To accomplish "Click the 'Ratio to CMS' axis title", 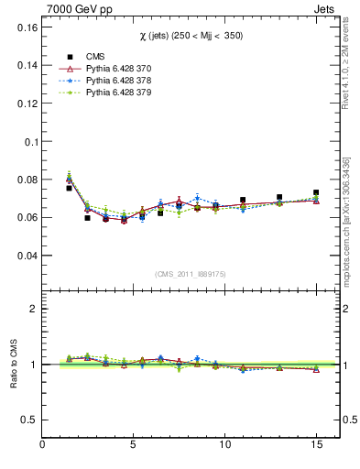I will (x=13, y=364).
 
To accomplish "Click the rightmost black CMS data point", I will (x=316, y=193).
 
